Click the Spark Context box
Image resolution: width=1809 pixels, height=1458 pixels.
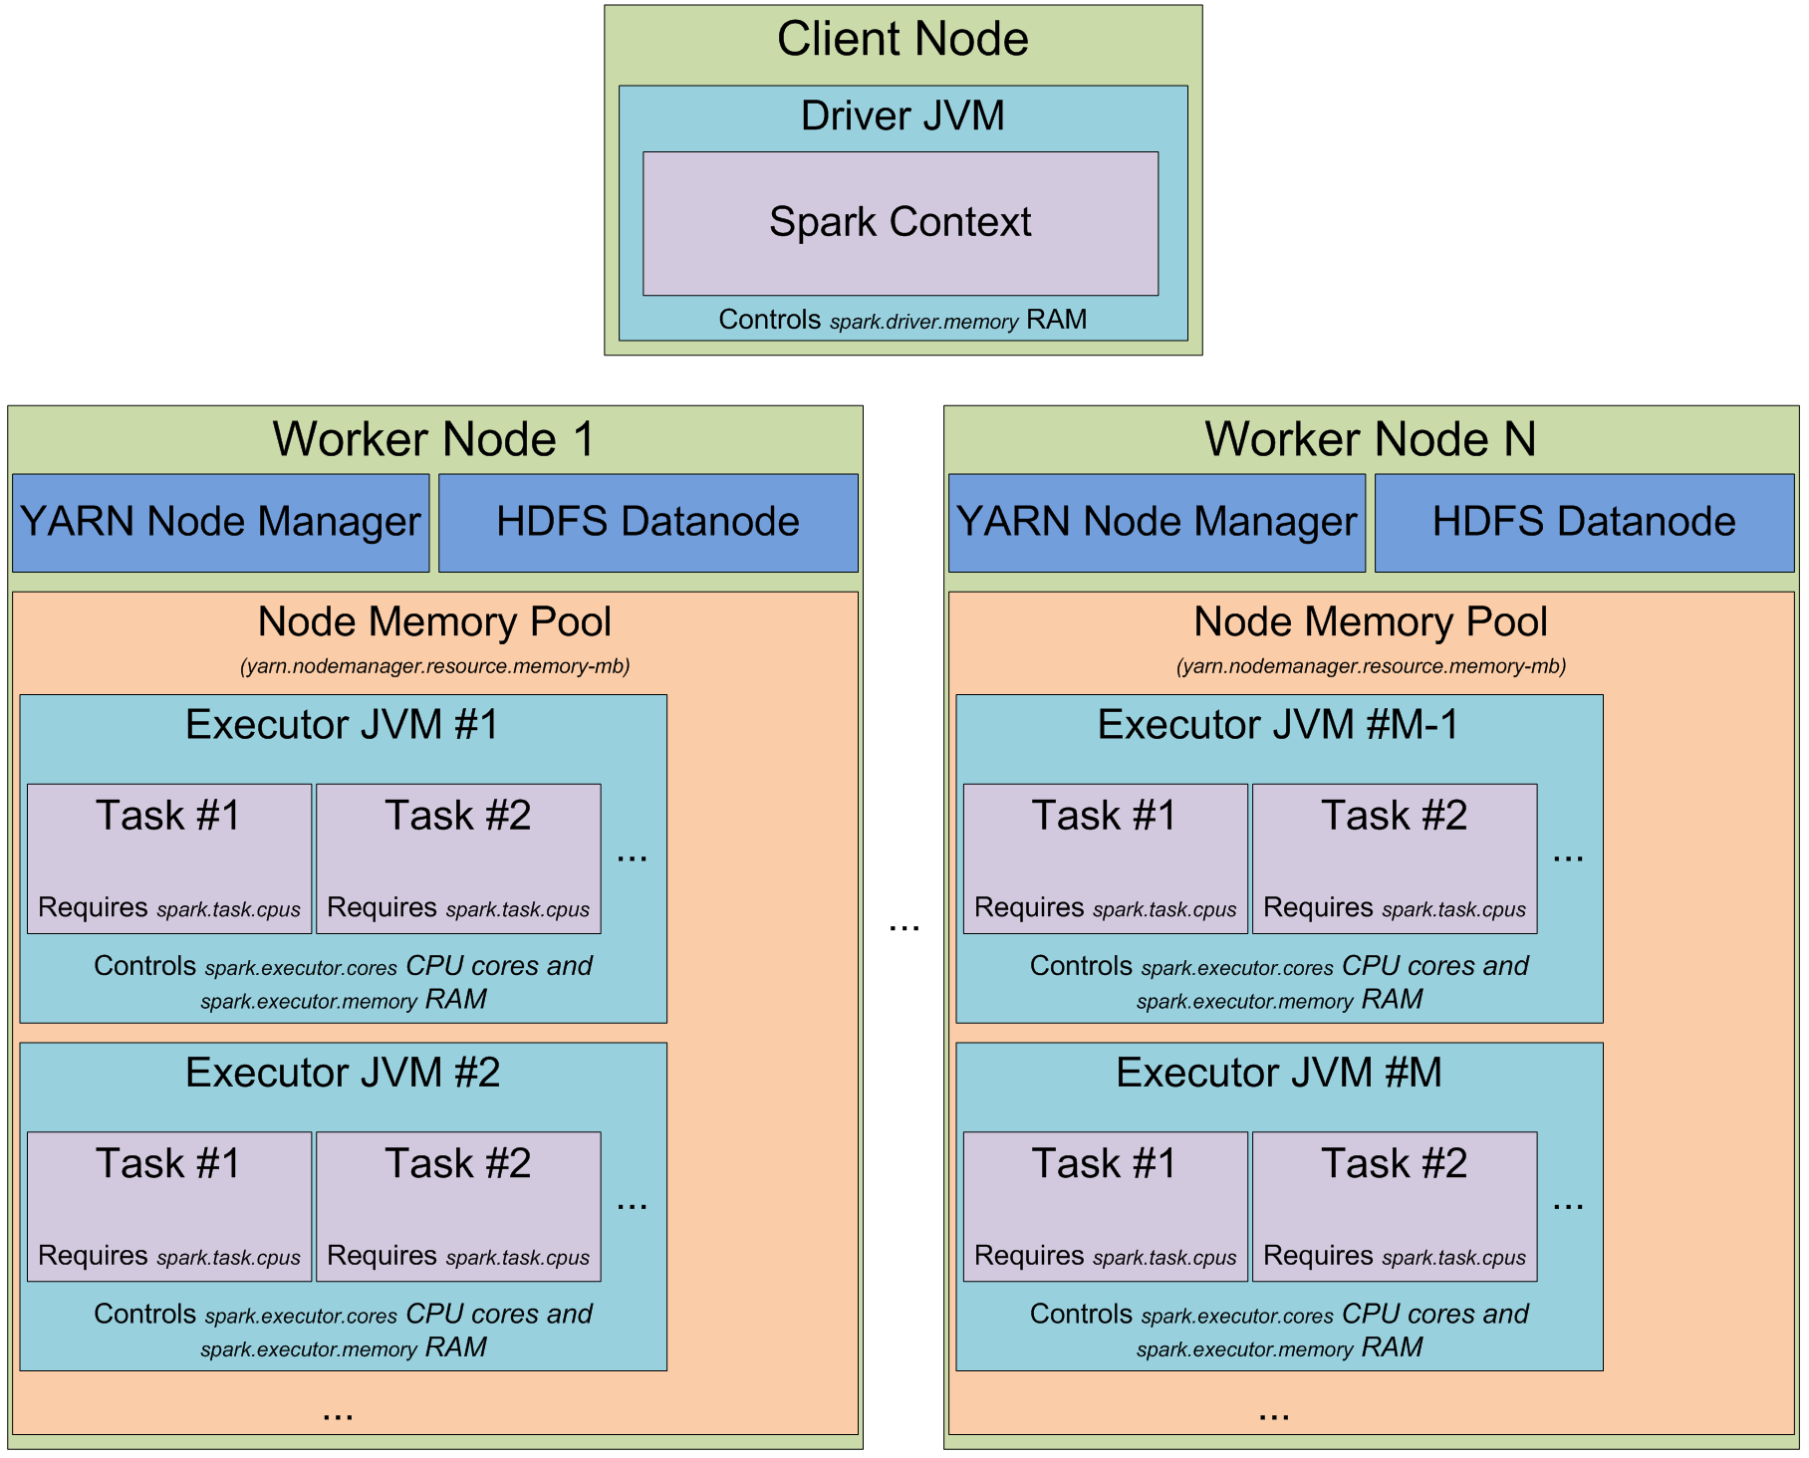(x=900, y=223)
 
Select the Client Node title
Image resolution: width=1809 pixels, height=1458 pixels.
(x=903, y=40)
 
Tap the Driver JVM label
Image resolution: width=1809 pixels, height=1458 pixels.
(x=903, y=116)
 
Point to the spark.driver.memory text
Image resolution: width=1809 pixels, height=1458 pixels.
(x=923, y=322)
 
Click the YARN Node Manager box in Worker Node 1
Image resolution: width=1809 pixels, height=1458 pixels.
(x=220, y=522)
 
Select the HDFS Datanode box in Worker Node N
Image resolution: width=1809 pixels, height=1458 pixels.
(x=1584, y=522)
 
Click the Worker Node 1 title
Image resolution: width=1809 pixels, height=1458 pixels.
(x=434, y=439)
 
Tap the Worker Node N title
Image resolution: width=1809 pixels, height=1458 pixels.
(x=1371, y=439)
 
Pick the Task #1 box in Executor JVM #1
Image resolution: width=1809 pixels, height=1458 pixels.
(x=169, y=857)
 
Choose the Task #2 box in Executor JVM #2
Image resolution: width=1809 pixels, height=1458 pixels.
(x=458, y=1205)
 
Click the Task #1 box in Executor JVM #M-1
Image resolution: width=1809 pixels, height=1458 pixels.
(x=1105, y=857)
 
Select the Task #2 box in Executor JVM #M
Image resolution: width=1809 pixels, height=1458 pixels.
(x=1394, y=1205)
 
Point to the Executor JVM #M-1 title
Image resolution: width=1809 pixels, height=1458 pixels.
(x=1278, y=725)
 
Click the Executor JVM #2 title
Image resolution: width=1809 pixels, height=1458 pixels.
(x=343, y=1073)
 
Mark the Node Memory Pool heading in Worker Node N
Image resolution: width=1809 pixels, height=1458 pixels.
(x=1371, y=621)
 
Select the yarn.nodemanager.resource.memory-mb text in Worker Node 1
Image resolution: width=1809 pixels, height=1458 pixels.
(x=434, y=666)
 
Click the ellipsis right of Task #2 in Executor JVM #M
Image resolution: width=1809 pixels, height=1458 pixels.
(x=1568, y=1206)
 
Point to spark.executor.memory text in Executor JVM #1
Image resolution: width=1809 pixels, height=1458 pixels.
(x=309, y=1002)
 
